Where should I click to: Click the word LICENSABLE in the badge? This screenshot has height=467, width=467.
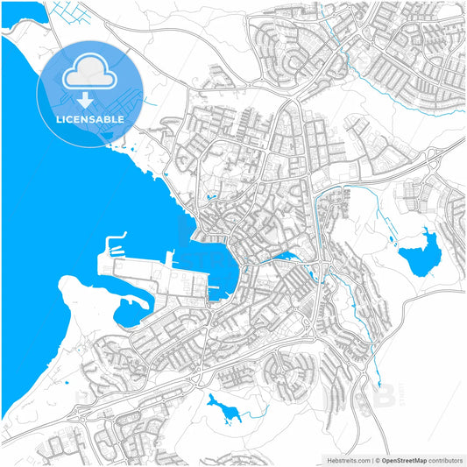click(90, 118)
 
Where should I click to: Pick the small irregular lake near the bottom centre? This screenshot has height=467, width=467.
click(223, 407)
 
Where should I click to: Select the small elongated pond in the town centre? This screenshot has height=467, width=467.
click(286, 258)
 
